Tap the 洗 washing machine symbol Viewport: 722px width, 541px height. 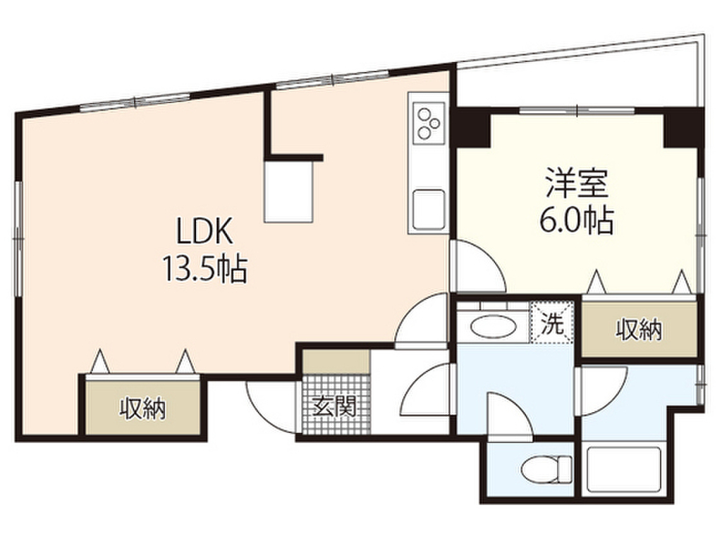click(553, 324)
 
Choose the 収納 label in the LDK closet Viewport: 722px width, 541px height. click(143, 408)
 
